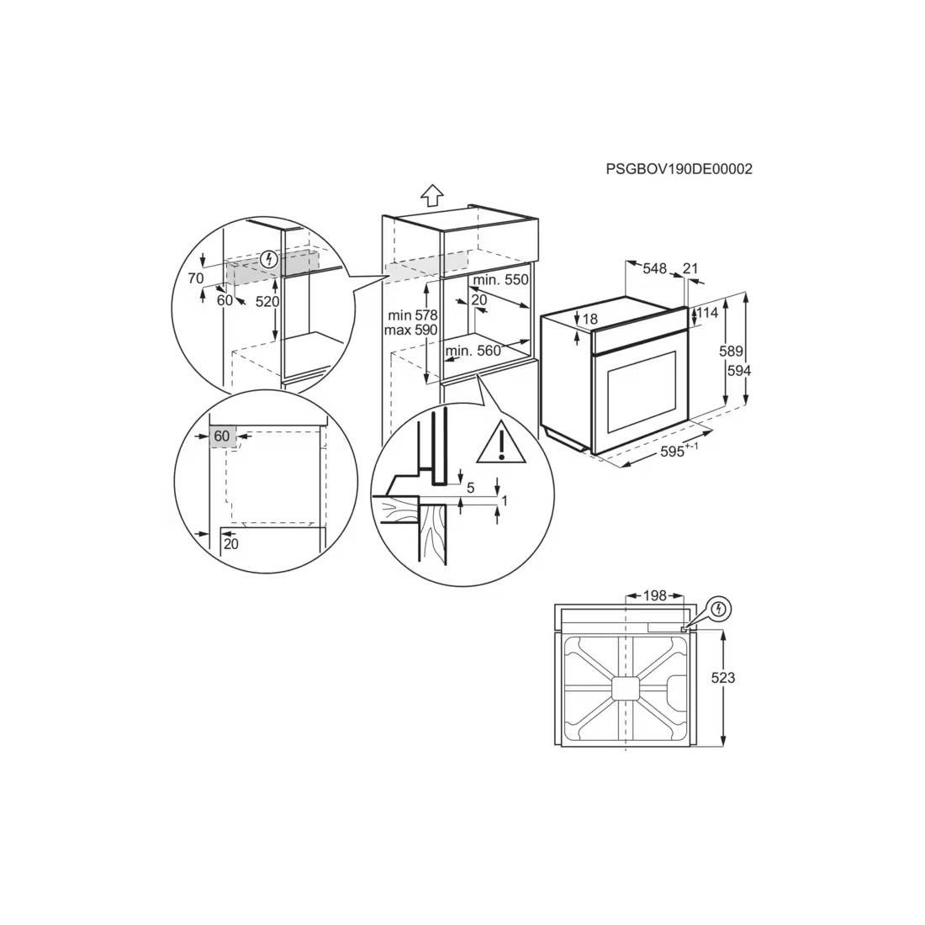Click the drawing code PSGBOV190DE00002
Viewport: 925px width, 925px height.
pos(679,169)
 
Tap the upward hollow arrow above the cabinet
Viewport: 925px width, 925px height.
pos(432,195)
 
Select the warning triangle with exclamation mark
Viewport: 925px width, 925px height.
pos(501,441)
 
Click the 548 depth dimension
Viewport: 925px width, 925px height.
pos(654,268)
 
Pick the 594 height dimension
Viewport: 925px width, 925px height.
pos(738,371)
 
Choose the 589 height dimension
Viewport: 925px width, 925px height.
pos(731,351)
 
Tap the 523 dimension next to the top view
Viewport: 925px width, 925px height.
pos(722,678)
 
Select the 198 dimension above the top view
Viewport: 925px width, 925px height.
pos(654,596)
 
